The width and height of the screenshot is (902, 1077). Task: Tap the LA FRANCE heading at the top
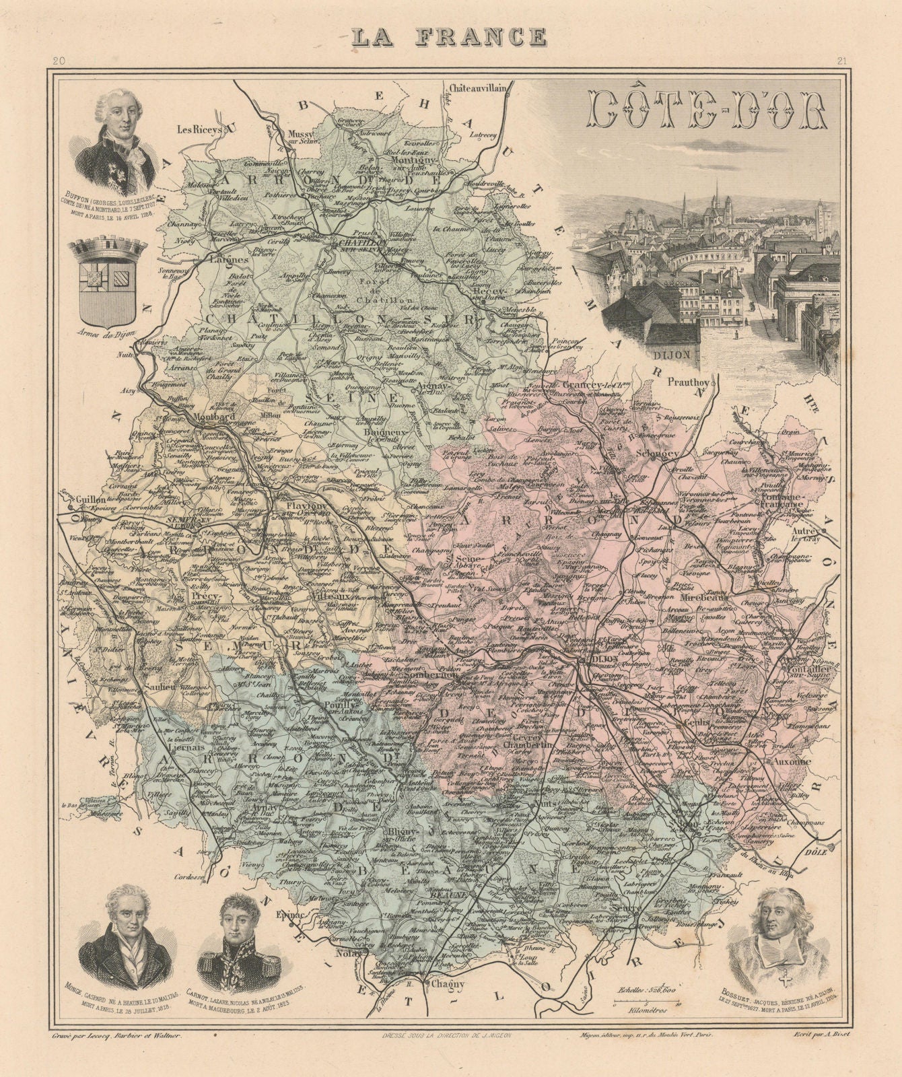[450, 36]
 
